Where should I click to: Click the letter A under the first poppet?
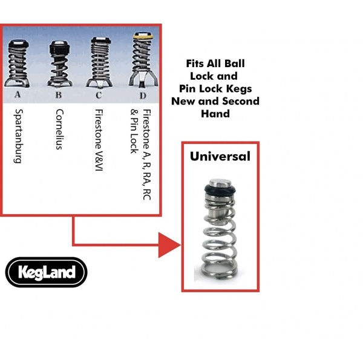[x=18, y=94]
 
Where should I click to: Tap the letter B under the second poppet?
[x=59, y=95]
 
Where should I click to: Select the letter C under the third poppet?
[x=99, y=95]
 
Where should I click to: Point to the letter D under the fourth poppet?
[x=143, y=96]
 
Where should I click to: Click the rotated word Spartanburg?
[x=19, y=136]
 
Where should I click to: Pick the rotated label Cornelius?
[x=59, y=129]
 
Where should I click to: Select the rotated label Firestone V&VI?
[x=99, y=140]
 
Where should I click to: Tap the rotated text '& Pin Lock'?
[x=134, y=131]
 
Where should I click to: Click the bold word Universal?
[x=220, y=156]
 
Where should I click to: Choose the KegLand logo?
[x=47, y=272]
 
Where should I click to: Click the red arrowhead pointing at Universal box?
[x=169, y=245]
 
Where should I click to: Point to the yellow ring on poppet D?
[x=143, y=36]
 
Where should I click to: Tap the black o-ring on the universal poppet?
[x=220, y=189]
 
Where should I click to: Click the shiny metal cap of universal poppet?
[x=220, y=183]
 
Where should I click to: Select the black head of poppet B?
[x=59, y=50]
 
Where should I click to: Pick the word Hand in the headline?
[x=215, y=114]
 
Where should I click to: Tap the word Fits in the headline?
[x=195, y=64]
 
